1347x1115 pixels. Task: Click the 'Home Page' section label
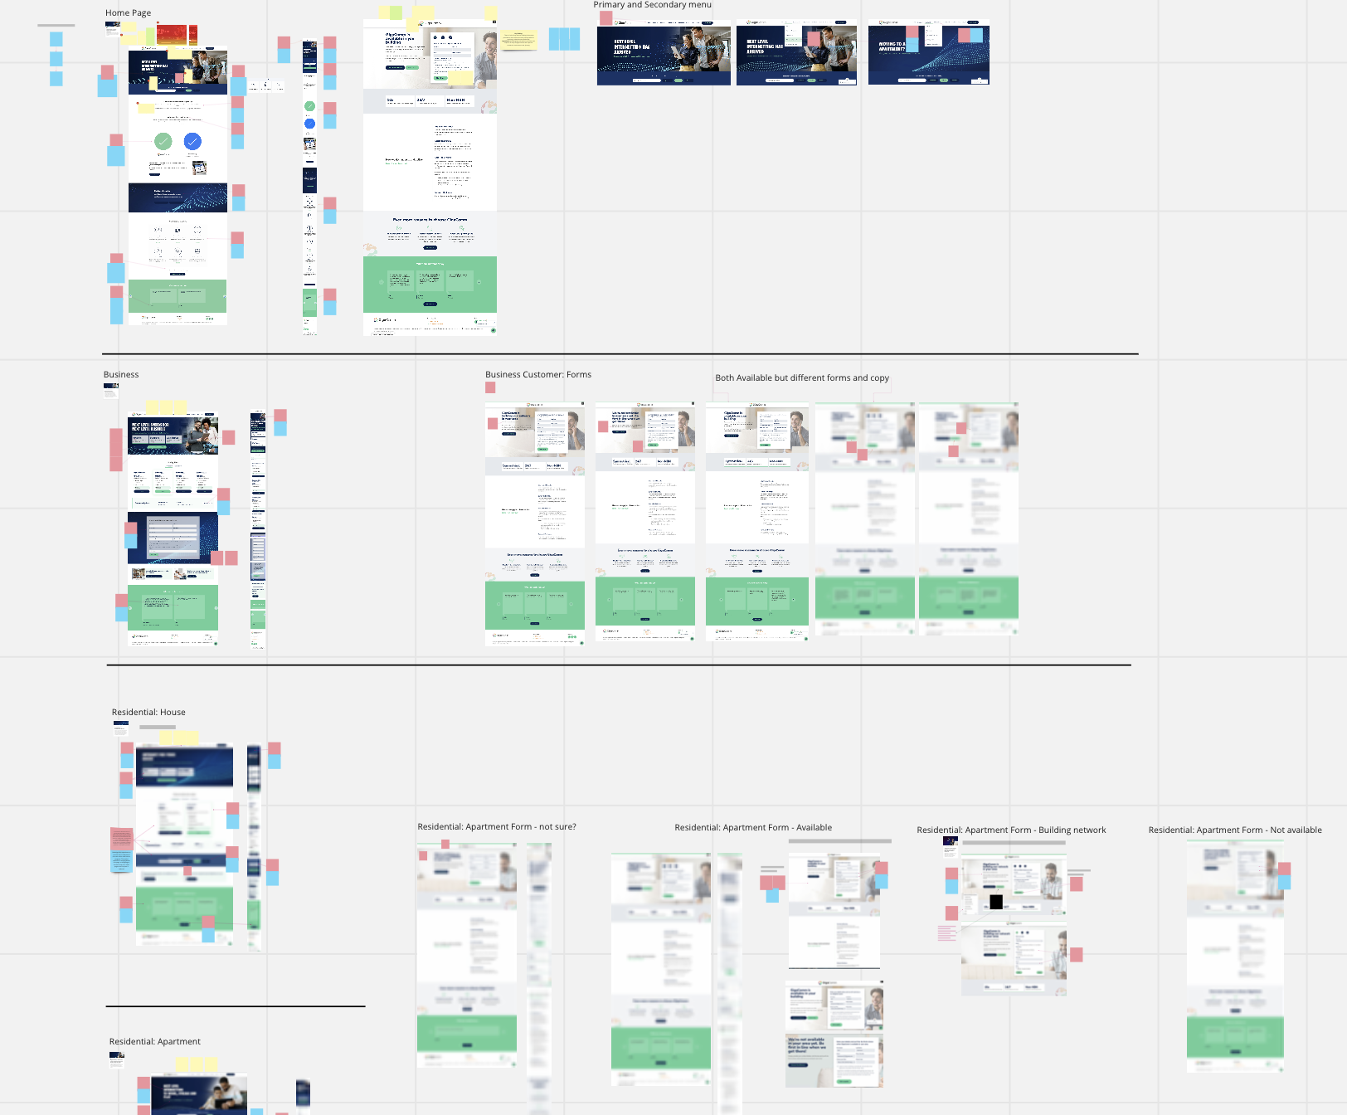pyautogui.click(x=128, y=12)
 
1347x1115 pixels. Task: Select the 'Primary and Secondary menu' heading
pyautogui.click(x=652, y=5)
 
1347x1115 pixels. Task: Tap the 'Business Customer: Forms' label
pyautogui.click(x=537, y=374)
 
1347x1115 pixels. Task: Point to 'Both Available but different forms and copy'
pyautogui.click(x=801, y=377)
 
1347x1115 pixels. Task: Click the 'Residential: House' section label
pyautogui.click(x=148, y=712)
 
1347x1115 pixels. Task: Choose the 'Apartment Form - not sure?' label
pyautogui.click(x=496, y=826)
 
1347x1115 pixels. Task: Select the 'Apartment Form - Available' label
pyautogui.click(x=753, y=827)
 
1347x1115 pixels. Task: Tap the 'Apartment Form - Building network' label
pyautogui.click(x=1011, y=830)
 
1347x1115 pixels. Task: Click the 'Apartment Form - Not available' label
pyautogui.click(x=1235, y=830)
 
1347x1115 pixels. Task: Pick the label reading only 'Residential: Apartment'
pyautogui.click(x=154, y=1041)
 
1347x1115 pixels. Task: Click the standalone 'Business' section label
pyautogui.click(x=121, y=374)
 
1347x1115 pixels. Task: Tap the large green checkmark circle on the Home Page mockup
pyautogui.click(x=163, y=142)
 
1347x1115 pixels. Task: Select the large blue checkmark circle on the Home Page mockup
pyautogui.click(x=192, y=142)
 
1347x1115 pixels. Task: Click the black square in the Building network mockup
pyautogui.click(x=996, y=902)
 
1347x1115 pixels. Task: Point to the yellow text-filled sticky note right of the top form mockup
pyautogui.click(x=518, y=39)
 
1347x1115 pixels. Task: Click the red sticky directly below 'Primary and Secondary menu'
pyautogui.click(x=606, y=17)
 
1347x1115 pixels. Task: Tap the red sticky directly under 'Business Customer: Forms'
pyautogui.click(x=490, y=387)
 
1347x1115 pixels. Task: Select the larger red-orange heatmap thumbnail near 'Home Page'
pyautogui.click(x=171, y=36)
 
